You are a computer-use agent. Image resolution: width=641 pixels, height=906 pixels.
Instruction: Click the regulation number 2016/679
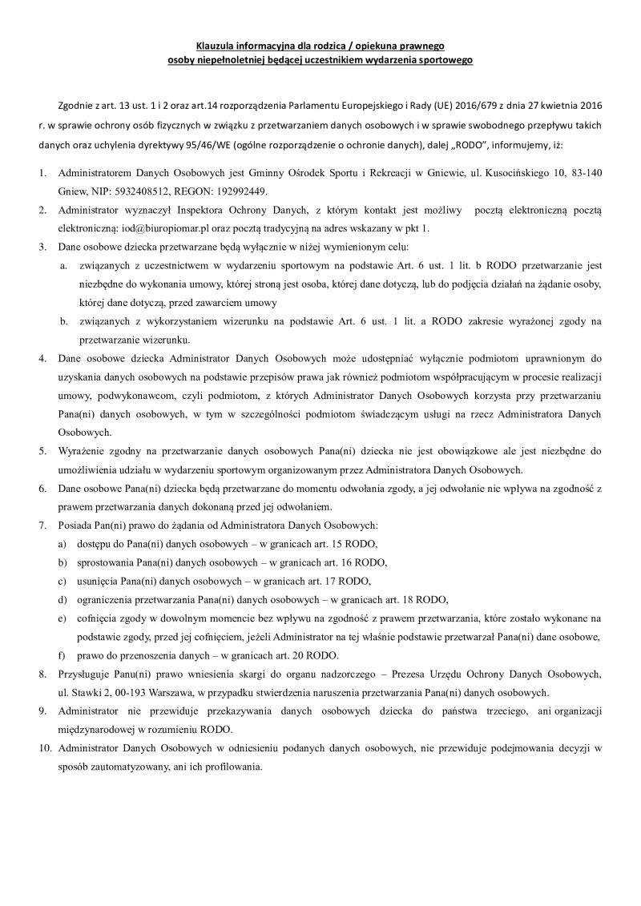pos(459,106)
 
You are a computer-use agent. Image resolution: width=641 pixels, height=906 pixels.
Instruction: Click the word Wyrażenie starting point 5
pos(82,452)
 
